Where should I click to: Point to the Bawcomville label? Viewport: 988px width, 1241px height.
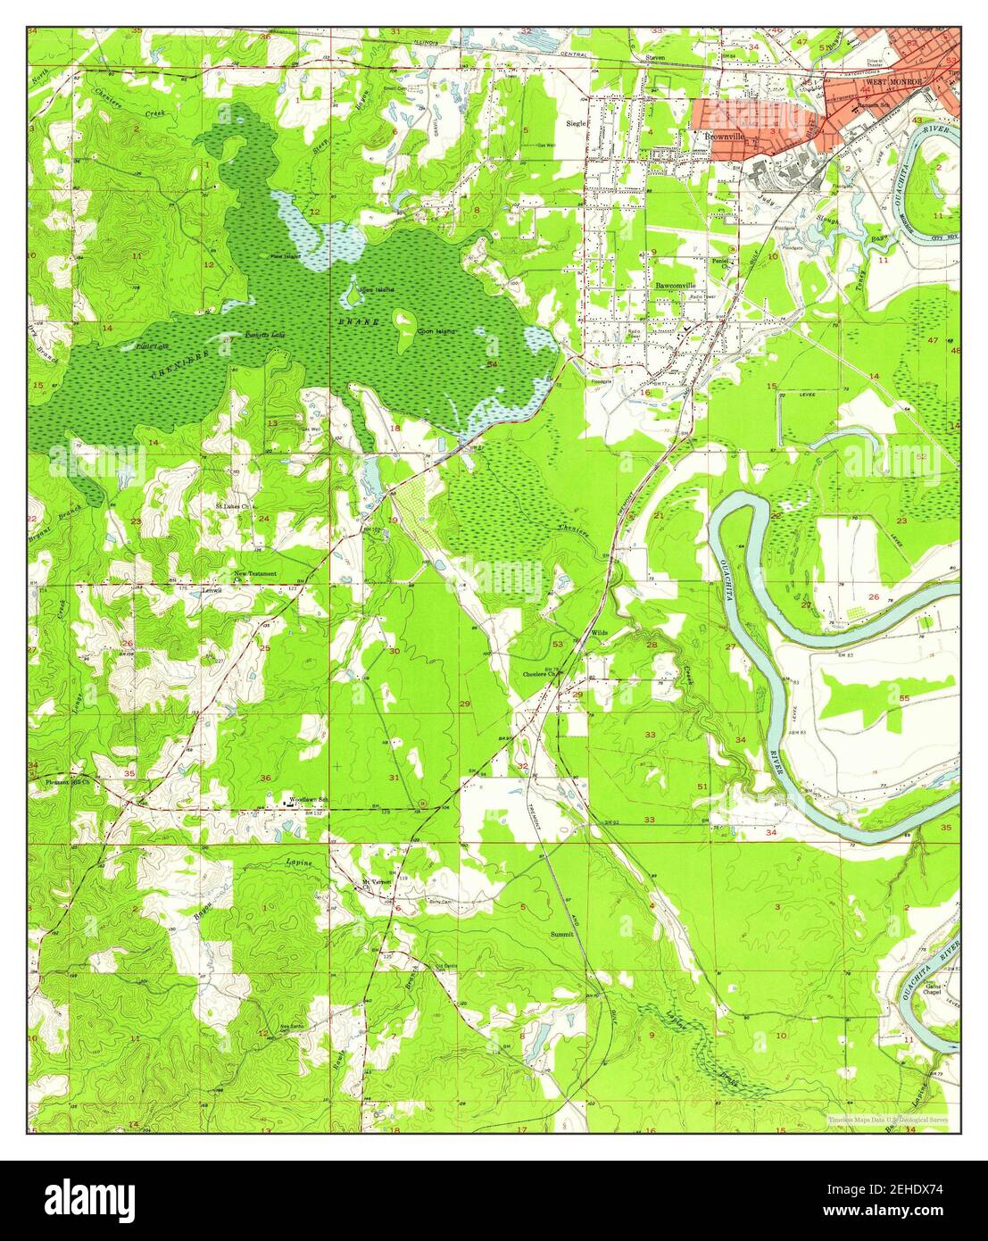(675, 286)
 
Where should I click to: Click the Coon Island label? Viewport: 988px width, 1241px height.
(436, 331)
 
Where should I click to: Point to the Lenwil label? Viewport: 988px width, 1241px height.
(212, 590)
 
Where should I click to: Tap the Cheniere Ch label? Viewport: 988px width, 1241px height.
(540, 674)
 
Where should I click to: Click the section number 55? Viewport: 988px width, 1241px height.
(903, 699)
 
